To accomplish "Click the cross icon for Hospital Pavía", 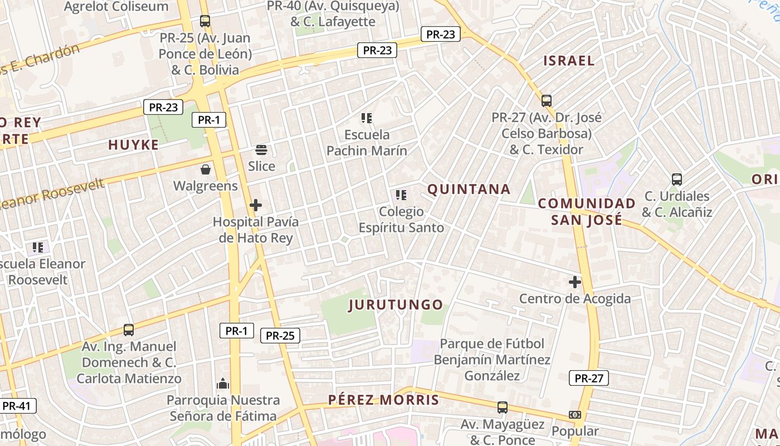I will tap(256, 205).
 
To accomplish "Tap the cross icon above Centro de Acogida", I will tap(575, 282).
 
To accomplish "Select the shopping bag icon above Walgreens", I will tap(206, 169).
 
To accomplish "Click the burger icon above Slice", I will tap(261, 149).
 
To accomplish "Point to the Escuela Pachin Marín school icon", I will tap(367, 118).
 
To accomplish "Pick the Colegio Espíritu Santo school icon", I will tap(401, 195).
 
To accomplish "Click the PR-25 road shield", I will tap(280, 336).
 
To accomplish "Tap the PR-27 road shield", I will tap(589, 379).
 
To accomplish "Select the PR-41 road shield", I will tap(17, 405).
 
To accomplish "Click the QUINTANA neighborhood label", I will tap(469, 190).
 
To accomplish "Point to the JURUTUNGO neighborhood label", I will tap(396, 305).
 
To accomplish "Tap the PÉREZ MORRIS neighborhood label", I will tap(384, 400).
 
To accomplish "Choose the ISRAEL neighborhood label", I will tap(569, 61).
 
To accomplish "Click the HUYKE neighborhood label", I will tap(134, 145).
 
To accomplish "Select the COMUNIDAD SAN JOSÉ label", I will tap(587, 212).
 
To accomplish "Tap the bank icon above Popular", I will tap(575, 415).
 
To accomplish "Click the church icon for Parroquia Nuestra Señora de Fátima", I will tap(223, 384).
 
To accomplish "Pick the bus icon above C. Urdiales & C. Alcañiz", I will tap(677, 180).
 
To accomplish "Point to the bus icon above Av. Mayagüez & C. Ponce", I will tap(503, 408).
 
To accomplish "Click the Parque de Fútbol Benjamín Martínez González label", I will tap(492, 360).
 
